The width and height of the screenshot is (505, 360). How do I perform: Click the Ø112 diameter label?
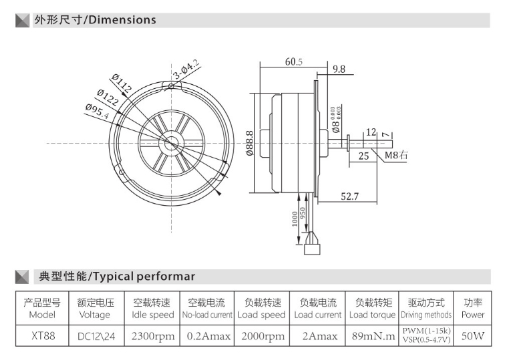122,83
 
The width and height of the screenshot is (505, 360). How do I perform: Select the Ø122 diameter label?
108,98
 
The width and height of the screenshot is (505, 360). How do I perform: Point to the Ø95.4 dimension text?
98,112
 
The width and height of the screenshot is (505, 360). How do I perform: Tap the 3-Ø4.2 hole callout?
186,69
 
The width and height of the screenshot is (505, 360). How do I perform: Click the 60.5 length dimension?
294,61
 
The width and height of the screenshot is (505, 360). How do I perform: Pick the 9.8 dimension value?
339,69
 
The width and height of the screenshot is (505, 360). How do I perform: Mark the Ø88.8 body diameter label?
250,143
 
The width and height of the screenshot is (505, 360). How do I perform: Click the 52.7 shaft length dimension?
350,196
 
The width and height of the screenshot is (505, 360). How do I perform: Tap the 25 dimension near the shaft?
363,156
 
